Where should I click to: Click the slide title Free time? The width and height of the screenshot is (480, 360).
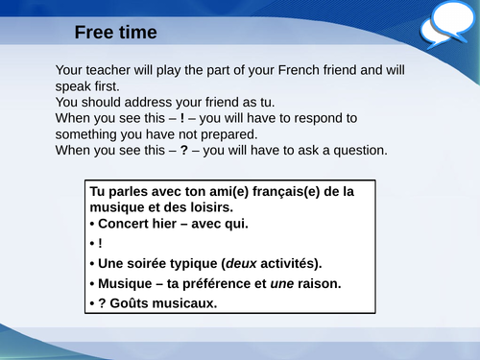click(116, 33)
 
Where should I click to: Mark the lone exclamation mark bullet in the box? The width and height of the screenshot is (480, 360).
click(101, 244)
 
